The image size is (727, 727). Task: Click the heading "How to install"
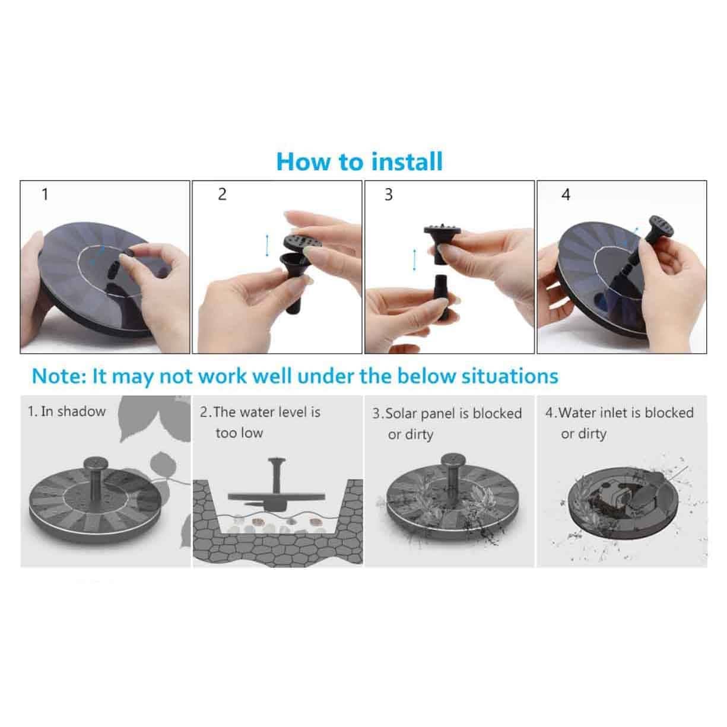coord(360,161)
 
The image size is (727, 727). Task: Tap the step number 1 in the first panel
coord(45,194)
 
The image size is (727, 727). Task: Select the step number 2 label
coord(222,194)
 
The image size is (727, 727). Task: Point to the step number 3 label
coord(389,195)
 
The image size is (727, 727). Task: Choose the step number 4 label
coord(566,195)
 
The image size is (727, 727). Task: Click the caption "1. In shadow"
coord(66,411)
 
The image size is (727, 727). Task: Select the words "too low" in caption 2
coord(239,433)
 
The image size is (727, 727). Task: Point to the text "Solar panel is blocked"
coord(454,413)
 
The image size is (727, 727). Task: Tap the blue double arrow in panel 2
coord(267,245)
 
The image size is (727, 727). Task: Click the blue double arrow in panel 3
coord(414,260)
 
